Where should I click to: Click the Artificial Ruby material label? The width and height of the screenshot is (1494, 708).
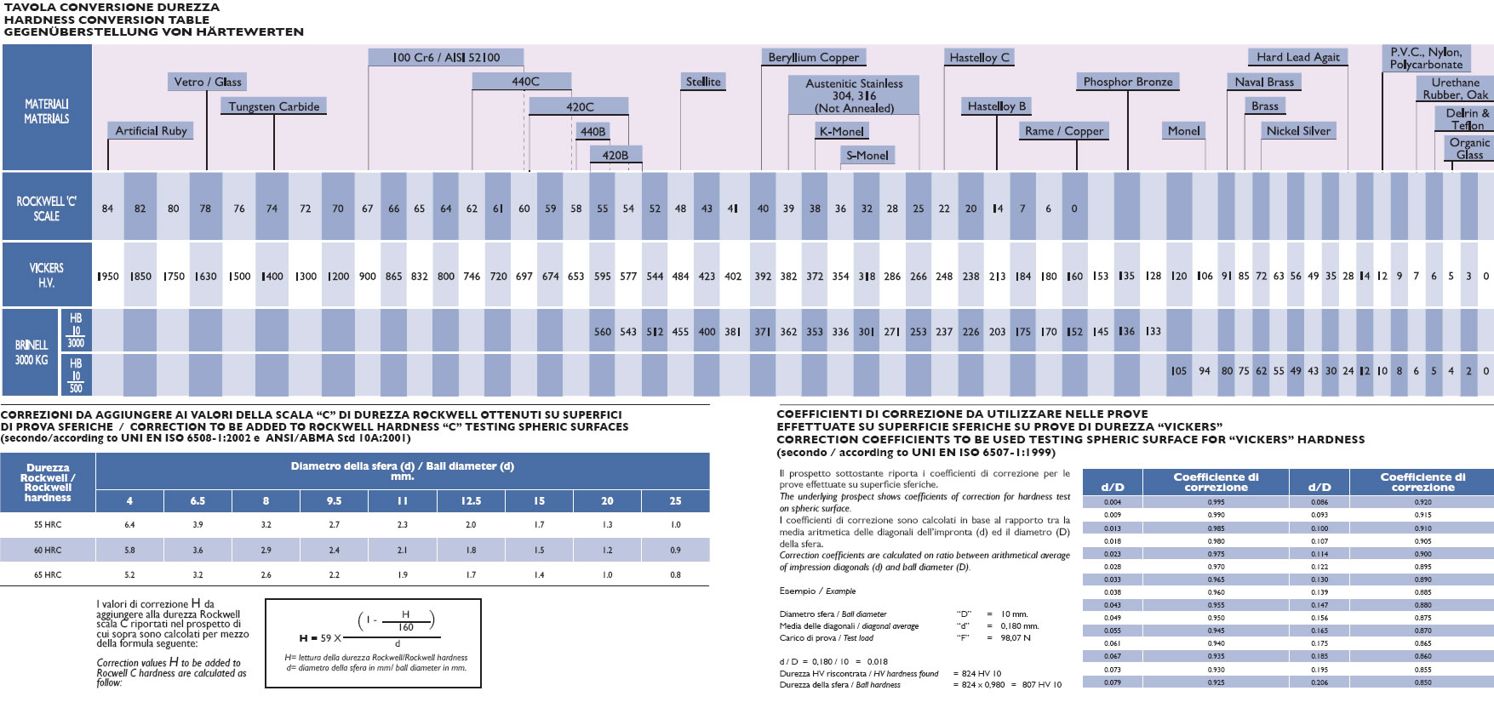[x=151, y=131]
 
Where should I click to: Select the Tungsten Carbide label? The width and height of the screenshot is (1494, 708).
[x=274, y=106]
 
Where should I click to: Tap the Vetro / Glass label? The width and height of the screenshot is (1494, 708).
[x=208, y=82]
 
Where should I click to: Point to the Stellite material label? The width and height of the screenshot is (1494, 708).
[x=703, y=82]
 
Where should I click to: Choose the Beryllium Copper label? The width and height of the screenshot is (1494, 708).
[x=813, y=57]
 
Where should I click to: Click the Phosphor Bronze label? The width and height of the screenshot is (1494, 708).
[x=1128, y=82]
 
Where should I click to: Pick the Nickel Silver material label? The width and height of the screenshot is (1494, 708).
[x=1298, y=131]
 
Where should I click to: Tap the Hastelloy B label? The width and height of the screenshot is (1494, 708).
[x=996, y=106]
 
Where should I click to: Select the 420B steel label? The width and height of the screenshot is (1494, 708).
[x=615, y=156]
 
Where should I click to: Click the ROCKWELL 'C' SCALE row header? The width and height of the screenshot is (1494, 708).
[x=47, y=208]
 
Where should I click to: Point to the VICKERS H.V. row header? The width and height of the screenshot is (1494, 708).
[x=47, y=275]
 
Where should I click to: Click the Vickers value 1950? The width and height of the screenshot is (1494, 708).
[x=108, y=277]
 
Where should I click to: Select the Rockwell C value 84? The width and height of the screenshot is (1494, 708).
[x=107, y=208]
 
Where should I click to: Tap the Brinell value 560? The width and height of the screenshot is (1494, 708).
[x=602, y=332]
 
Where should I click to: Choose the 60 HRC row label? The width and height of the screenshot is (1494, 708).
[x=48, y=551]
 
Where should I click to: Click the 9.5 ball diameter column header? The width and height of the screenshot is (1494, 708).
[x=334, y=501]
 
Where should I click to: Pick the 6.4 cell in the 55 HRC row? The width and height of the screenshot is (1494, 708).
[x=129, y=525]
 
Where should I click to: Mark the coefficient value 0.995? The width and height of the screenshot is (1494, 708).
[x=1216, y=502]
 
